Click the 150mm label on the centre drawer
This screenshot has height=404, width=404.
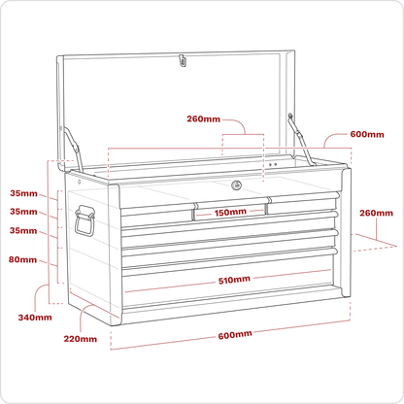coord(230,213)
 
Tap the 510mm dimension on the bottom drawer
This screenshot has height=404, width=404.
coord(234,280)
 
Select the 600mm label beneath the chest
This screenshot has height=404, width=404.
coord(235,335)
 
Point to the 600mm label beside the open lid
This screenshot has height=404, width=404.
coord(367,134)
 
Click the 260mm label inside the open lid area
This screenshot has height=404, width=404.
coord(203,118)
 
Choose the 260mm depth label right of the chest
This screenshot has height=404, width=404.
coord(376,213)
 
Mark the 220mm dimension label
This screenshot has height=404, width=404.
coord(81,339)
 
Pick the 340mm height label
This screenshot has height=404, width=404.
coord(35,318)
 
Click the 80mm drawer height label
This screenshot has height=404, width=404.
coord(22,259)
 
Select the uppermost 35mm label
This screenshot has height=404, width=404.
coord(23,193)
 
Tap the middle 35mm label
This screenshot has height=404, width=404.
coord(23,212)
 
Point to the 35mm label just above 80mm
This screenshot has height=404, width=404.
coord(23,230)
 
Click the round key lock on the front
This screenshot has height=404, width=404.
coord(236,185)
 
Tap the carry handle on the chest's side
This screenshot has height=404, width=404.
coord(84,220)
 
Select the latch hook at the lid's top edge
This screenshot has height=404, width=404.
coord(183,60)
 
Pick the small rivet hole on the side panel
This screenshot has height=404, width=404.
coord(80,182)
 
